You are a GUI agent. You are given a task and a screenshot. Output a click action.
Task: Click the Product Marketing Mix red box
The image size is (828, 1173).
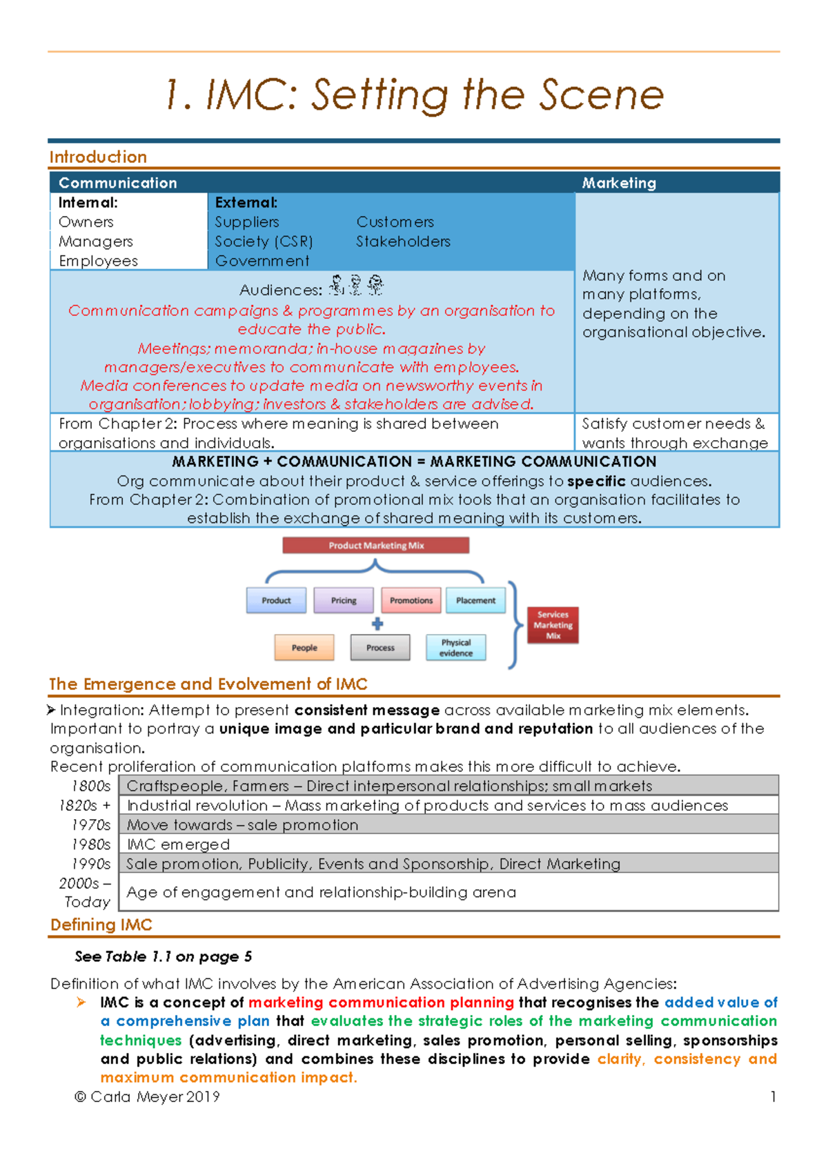coord(375,545)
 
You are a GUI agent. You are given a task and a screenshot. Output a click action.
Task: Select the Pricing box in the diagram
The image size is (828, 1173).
coord(344,600)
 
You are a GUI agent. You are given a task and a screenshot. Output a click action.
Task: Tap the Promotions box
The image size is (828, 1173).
coord(411,600)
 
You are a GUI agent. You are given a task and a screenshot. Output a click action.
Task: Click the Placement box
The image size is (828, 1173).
coord(475,600)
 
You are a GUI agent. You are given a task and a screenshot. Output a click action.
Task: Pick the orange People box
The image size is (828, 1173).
coord(304,647)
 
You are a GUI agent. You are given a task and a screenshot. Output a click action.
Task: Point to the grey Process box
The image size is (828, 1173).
coord(380,647)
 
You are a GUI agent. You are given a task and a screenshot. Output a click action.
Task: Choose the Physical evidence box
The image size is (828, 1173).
coord(456,647)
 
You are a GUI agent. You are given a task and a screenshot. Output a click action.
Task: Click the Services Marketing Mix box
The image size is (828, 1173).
coord(553,625)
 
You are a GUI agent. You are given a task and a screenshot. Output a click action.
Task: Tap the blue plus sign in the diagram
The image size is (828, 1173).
coord(377,624)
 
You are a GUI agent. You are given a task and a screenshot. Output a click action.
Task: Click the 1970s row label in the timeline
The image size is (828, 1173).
coord(91,825)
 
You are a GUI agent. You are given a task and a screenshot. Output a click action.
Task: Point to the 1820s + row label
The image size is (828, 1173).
coord(85,806)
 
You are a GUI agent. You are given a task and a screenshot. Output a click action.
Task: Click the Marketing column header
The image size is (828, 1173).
coord(619,183)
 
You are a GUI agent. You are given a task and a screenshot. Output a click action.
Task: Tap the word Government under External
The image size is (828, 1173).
coord(262,261)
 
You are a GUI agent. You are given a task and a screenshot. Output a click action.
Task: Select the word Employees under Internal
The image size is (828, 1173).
coord(98,261)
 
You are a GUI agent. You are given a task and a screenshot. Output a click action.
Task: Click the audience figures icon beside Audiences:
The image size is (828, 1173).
coord(356,286)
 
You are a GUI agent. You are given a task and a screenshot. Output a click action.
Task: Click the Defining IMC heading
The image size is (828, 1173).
coord(101,925)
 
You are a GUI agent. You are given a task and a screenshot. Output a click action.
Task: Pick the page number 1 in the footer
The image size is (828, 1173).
coord(773,1096)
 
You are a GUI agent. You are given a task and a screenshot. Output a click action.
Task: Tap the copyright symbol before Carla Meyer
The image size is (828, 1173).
coord(80,1097)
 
